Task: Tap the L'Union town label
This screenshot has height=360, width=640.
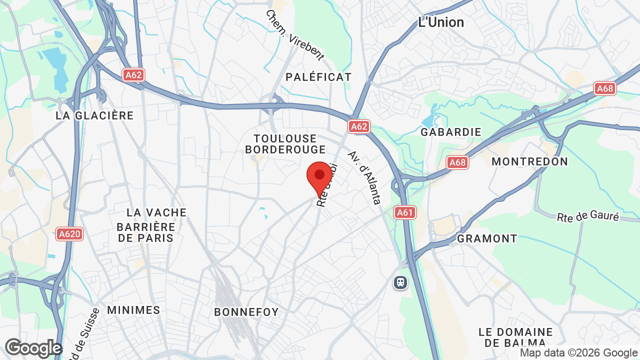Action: [x=441, y=22]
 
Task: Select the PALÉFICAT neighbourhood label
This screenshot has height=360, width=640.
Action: [x=318, y=77]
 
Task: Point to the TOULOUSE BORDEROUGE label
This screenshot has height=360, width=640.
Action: [x=285, y=144]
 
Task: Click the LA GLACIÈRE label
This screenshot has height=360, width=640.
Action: [x=94, y=115]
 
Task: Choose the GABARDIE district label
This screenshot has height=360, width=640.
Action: [x=451, y=132]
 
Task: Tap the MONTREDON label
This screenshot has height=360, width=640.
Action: [x=529, y=161]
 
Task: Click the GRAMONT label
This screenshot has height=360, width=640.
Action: [x=487, y=238]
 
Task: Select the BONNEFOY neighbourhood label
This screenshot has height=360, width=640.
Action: [x=246, y=312]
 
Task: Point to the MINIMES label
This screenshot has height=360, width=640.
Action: [x=133, y=310]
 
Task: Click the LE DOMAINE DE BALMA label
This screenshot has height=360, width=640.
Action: [x=515, y=337]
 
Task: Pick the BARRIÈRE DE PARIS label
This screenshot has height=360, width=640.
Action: [x=145, y=232]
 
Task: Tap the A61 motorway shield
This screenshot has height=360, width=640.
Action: [x=404, y=213]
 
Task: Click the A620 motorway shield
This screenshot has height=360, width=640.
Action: [x=69, y=234]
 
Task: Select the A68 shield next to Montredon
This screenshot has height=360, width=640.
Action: [x=457, y=162]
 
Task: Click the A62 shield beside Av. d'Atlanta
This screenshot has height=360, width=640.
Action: [x=359, y=126]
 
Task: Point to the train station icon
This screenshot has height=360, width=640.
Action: [x=400, y=282]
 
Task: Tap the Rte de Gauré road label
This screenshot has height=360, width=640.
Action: [x=588, y=217]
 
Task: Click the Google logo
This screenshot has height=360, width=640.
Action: [x=33, y=348]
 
